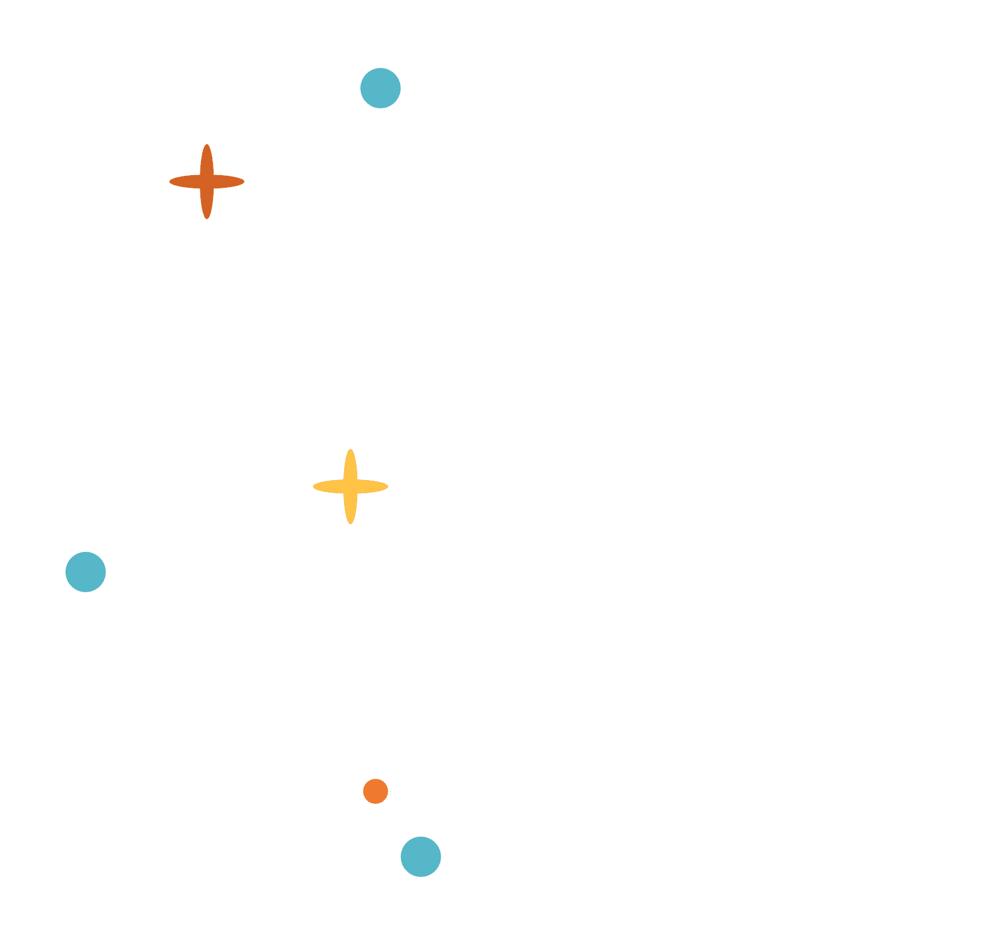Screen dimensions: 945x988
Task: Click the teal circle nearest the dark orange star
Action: pos(381,88)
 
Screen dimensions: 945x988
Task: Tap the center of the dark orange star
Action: pos(207,181)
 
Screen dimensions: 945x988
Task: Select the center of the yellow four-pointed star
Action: pos(350,486)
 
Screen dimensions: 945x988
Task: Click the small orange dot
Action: pos(376,791)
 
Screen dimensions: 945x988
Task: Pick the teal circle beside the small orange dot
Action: pos(421,857)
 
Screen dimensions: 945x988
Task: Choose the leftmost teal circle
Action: pos(86,572)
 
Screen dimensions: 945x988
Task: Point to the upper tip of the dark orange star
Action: pos(207,146)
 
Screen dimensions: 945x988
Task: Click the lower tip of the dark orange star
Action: pos(207,218)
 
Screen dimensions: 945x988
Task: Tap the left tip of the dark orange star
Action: pos(171,181)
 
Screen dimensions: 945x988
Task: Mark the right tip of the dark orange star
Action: pos(243,181)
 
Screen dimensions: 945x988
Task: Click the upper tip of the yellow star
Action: pos(350,450)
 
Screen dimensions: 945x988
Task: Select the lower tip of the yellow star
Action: pos(350,523)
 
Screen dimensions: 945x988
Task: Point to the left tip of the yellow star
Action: pos(314,486)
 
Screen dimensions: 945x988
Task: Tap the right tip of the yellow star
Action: pos(387,486)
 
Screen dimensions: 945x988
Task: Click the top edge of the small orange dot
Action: pos(376,779)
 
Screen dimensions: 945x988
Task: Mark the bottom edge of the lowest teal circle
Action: pos(421,876)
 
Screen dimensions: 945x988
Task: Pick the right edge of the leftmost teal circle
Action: pos(105,572)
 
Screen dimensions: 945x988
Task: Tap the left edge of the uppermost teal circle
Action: pos(361,88)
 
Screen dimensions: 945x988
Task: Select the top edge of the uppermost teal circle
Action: pos(381,69)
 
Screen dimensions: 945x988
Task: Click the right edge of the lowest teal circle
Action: pos(440,857)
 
